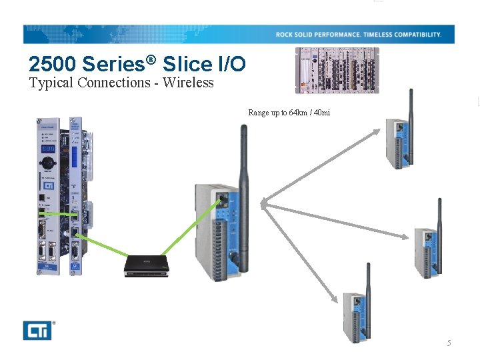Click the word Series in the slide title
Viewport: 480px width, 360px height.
click(x=114, y=65)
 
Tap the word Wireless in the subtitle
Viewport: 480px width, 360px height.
click(x=189, y=83)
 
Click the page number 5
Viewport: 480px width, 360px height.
click(x=449, y=343)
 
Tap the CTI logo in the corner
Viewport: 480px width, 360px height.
click(x=37, y=330)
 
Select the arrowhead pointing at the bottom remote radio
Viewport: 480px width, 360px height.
click(x=334, y=299)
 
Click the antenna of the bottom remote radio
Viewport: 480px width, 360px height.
click(x=367, y=291)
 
